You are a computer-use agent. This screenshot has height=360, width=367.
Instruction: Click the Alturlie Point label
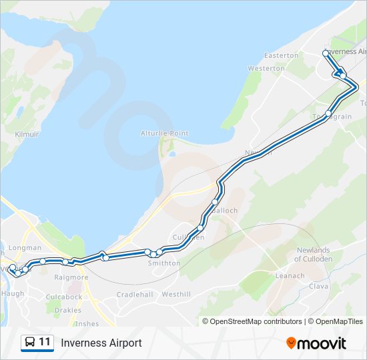tap(164, 133)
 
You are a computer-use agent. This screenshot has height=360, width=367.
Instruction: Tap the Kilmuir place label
tap(27, 134)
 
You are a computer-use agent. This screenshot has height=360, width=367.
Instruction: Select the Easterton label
tap(281, 55)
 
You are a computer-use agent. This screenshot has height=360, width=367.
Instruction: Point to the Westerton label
tap(266, 69)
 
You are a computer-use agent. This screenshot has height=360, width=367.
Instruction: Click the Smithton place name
tap(164, 263)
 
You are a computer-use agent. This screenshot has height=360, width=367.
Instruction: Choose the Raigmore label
tap(71, 277)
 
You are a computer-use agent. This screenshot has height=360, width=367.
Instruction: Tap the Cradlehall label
tap(135, 294)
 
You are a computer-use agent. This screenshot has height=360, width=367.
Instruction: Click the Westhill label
tap(176, 294)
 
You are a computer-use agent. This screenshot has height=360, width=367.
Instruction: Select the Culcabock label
tap(64, 297)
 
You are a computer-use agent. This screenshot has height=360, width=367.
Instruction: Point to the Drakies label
tap(67, 310)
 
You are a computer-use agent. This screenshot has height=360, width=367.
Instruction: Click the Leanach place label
tap(290, 275)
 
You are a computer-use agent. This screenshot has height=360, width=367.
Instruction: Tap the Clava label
tap(319, 286)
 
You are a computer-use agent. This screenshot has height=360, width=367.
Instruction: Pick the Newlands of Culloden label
tap(313, 254)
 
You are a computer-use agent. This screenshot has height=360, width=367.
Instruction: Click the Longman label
tap(26, 247)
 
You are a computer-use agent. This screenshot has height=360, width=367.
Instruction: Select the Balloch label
tap(224, 211)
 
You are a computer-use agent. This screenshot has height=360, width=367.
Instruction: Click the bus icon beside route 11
tap(30, 343)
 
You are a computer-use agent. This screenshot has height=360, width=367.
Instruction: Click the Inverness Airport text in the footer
tap(101, 343)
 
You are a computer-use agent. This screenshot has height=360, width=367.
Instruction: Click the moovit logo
tap(316, 343)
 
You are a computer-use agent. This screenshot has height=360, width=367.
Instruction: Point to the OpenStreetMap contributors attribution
tap(256, 321)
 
